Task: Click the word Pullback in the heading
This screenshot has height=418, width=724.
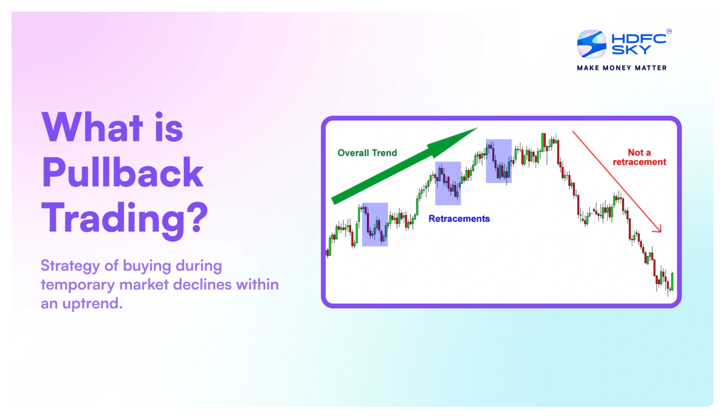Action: [123, 173]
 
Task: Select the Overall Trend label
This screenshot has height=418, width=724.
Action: [367, 153]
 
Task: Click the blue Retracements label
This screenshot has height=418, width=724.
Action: [459, 219]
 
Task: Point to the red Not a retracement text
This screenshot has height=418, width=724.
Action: [639, 157]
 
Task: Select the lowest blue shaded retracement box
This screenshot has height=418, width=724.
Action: [375, 225]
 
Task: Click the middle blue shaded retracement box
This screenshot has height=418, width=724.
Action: [448, 183]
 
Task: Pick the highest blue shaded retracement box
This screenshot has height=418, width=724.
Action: [498, 161]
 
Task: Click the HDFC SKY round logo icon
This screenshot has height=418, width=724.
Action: [591, 44]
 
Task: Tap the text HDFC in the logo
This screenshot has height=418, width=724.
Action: [639, 38]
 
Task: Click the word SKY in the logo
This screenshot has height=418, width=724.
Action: [631, 50]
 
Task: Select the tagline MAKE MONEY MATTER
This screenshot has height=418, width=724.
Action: [622, 68]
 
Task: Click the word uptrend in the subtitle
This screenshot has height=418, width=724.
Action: [92, 304]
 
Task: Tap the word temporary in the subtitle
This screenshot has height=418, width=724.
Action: [78, 285]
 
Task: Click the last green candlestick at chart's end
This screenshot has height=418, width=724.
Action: [672, 281]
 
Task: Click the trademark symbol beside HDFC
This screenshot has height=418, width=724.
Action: [669, 31]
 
